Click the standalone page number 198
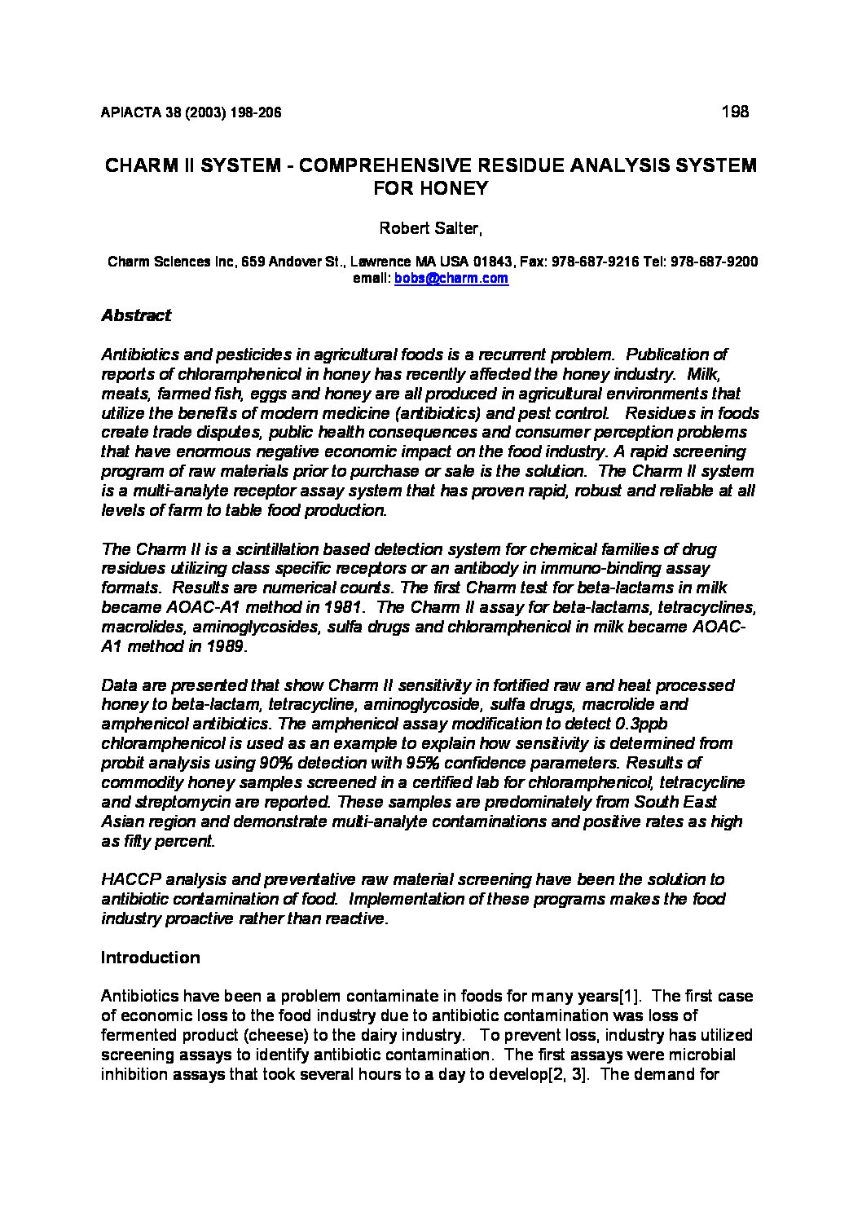(735, 112)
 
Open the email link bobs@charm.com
(451, 279)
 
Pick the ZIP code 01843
(493, 262)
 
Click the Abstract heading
(136, 315)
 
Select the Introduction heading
(150, 958)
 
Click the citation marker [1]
(631, 997)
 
